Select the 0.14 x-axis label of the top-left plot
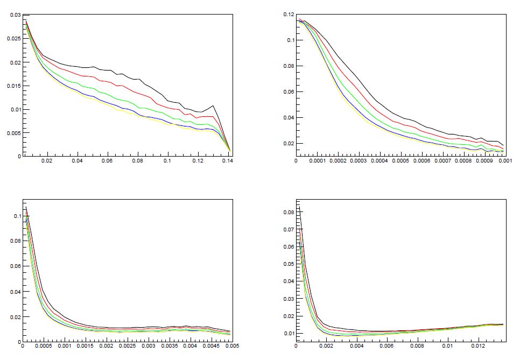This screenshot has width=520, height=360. (x=229, y=160)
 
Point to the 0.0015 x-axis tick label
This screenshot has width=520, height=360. (x=85, y=348)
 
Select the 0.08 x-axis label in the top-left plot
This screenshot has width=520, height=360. (x=138, y=160)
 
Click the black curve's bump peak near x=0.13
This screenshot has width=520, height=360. (x=213, y=106)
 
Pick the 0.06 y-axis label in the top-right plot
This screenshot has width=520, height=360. (x=287, y=91)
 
